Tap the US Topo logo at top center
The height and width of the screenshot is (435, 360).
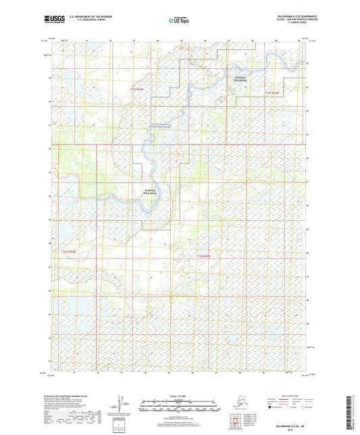pos(175,22)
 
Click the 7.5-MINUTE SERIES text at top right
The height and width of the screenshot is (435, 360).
pos(292,27)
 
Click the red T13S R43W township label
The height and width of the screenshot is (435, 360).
pos(70,251)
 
